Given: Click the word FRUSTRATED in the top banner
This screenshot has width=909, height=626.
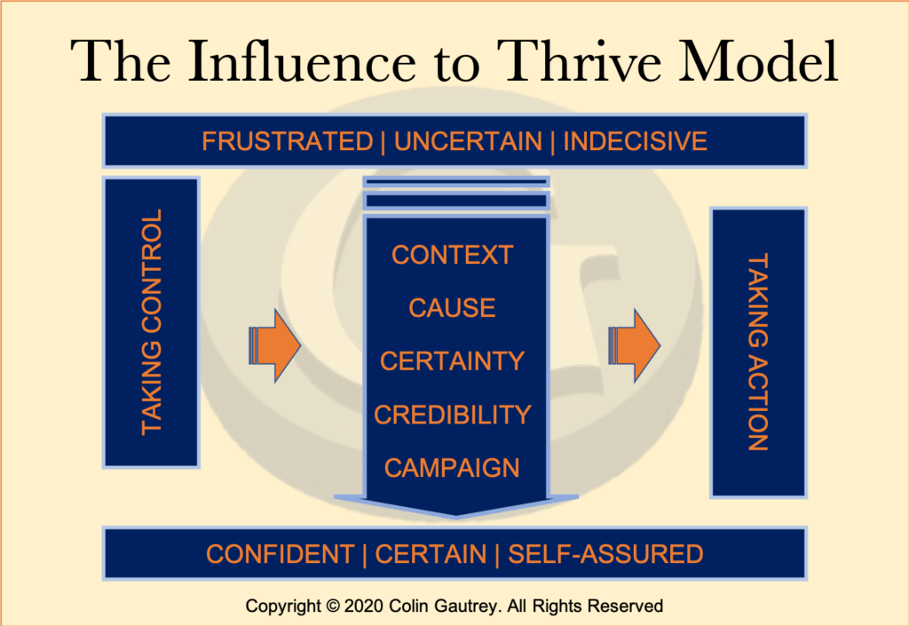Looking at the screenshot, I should (x=287, y=141).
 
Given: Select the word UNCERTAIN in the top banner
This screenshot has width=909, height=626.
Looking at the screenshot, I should (x=468, y=141).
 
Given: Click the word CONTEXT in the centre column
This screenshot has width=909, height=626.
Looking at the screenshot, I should (x=452, y=256).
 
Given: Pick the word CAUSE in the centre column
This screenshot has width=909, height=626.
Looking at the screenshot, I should (x=452, y=308).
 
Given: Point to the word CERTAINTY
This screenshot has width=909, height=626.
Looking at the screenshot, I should (x=452, y=361).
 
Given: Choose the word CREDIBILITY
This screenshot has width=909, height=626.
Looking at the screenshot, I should (x=452, y=415).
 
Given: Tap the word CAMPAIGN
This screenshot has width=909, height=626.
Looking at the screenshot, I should (x=452, y=468).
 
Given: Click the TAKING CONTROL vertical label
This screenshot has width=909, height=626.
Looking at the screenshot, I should (x=153, y=321).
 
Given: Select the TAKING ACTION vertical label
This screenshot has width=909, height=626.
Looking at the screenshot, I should (x=757, y=353).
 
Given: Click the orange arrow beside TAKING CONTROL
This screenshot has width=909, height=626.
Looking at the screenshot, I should (x=275, y=345).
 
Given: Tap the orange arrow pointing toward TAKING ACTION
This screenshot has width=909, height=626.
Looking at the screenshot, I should (x=634, y=345).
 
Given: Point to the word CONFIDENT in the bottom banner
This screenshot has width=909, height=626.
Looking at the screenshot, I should (x=280, y=555).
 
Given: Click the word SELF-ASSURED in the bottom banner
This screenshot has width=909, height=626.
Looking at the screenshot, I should (x=605, y=555).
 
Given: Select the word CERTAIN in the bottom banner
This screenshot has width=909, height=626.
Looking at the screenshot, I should (x=431, y=555).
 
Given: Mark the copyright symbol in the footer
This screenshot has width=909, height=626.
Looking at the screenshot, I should (x=332, y=607).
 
